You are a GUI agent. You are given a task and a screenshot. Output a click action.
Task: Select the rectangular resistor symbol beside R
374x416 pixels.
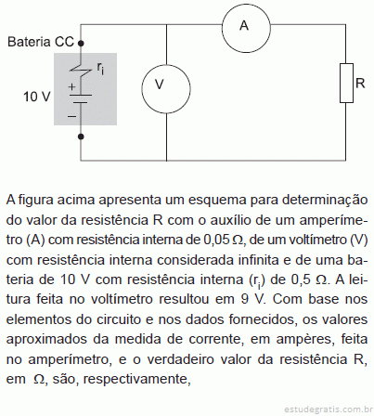point(346,83)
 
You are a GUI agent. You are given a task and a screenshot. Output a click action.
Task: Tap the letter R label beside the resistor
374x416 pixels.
point(360,83)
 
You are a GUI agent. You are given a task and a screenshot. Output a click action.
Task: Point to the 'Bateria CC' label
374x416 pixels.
point(41,42)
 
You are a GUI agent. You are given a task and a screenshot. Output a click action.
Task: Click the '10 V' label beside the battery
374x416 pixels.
point(37,97)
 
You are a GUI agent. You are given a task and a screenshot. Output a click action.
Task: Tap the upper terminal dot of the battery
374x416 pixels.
point(81,44)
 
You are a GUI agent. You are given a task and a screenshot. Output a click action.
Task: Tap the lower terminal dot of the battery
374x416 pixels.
point(81,136)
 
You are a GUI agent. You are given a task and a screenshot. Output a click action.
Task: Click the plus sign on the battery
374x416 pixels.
point(71,87)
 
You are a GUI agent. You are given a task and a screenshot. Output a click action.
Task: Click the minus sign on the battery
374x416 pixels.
point(71,116)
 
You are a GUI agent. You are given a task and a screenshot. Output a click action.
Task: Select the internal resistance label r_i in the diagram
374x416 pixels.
point(100,69)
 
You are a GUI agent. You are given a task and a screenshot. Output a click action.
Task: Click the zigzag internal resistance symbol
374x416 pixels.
point(81,71)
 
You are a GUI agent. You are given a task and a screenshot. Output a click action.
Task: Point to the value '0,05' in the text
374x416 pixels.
point(216,240)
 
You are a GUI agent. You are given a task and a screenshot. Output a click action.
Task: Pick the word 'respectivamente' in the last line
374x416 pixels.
point(136,379)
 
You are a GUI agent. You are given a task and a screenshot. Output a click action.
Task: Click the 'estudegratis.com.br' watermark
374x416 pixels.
point(329,409)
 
